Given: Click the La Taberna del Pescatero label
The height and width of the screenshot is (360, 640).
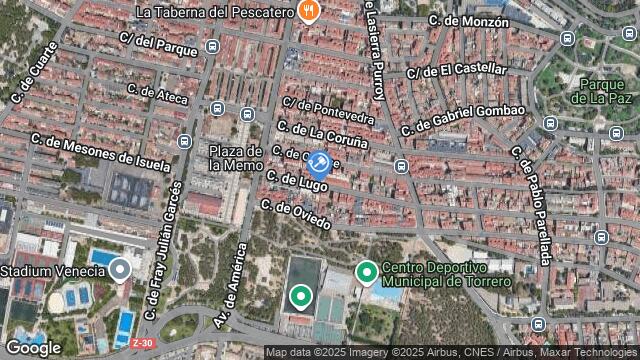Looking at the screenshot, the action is [213, 13].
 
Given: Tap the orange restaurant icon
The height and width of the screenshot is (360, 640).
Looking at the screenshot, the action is [310, 13].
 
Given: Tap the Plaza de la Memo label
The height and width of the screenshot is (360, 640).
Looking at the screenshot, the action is [236, 157].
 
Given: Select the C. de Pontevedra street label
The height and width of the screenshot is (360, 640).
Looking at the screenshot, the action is [328, 111].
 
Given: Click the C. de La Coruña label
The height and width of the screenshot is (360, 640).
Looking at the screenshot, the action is [322, 135].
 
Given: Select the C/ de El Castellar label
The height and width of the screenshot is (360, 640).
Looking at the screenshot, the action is [457, 71].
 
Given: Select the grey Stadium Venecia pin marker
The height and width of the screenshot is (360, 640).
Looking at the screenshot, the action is [121, 268].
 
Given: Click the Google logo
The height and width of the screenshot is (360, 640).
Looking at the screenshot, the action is [32, 347].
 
